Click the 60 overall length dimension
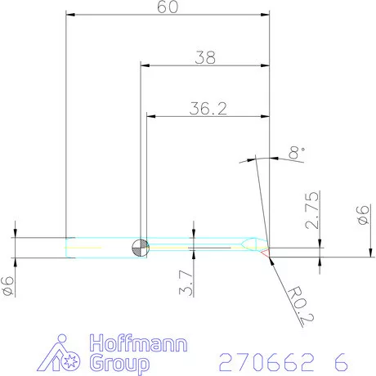(168, 7)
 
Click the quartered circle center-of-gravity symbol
(141, 247)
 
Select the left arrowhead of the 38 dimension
(144, 65)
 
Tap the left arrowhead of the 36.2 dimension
(150, 116)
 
